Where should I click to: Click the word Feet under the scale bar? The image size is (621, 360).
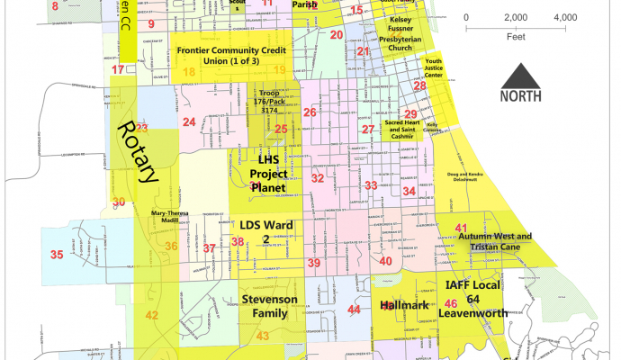pyautogui.click(x=517, y=38)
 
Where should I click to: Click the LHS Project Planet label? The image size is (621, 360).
pyautogui.click(x=267, y=173)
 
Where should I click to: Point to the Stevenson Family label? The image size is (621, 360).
pyautogui.click(x=264, y=306)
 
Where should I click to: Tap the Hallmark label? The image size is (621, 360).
pyautogui.click(x=401, y=306)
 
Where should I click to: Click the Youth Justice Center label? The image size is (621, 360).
pyautogui.click(x=439, y=69)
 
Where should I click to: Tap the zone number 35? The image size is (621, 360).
pyautogui.click(x=57, y=256)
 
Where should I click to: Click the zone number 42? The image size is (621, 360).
pyautogui.click(x=152, y=316)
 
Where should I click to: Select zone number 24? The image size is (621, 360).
pyautogui.click(x=188, y=121)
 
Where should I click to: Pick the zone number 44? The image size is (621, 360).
pyautogui.click(x=354, y=310)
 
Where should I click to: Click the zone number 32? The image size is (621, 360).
pyautogui.click(x=317, y=178)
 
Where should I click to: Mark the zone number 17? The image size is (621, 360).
pyautogui.click(x=117, y=69)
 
